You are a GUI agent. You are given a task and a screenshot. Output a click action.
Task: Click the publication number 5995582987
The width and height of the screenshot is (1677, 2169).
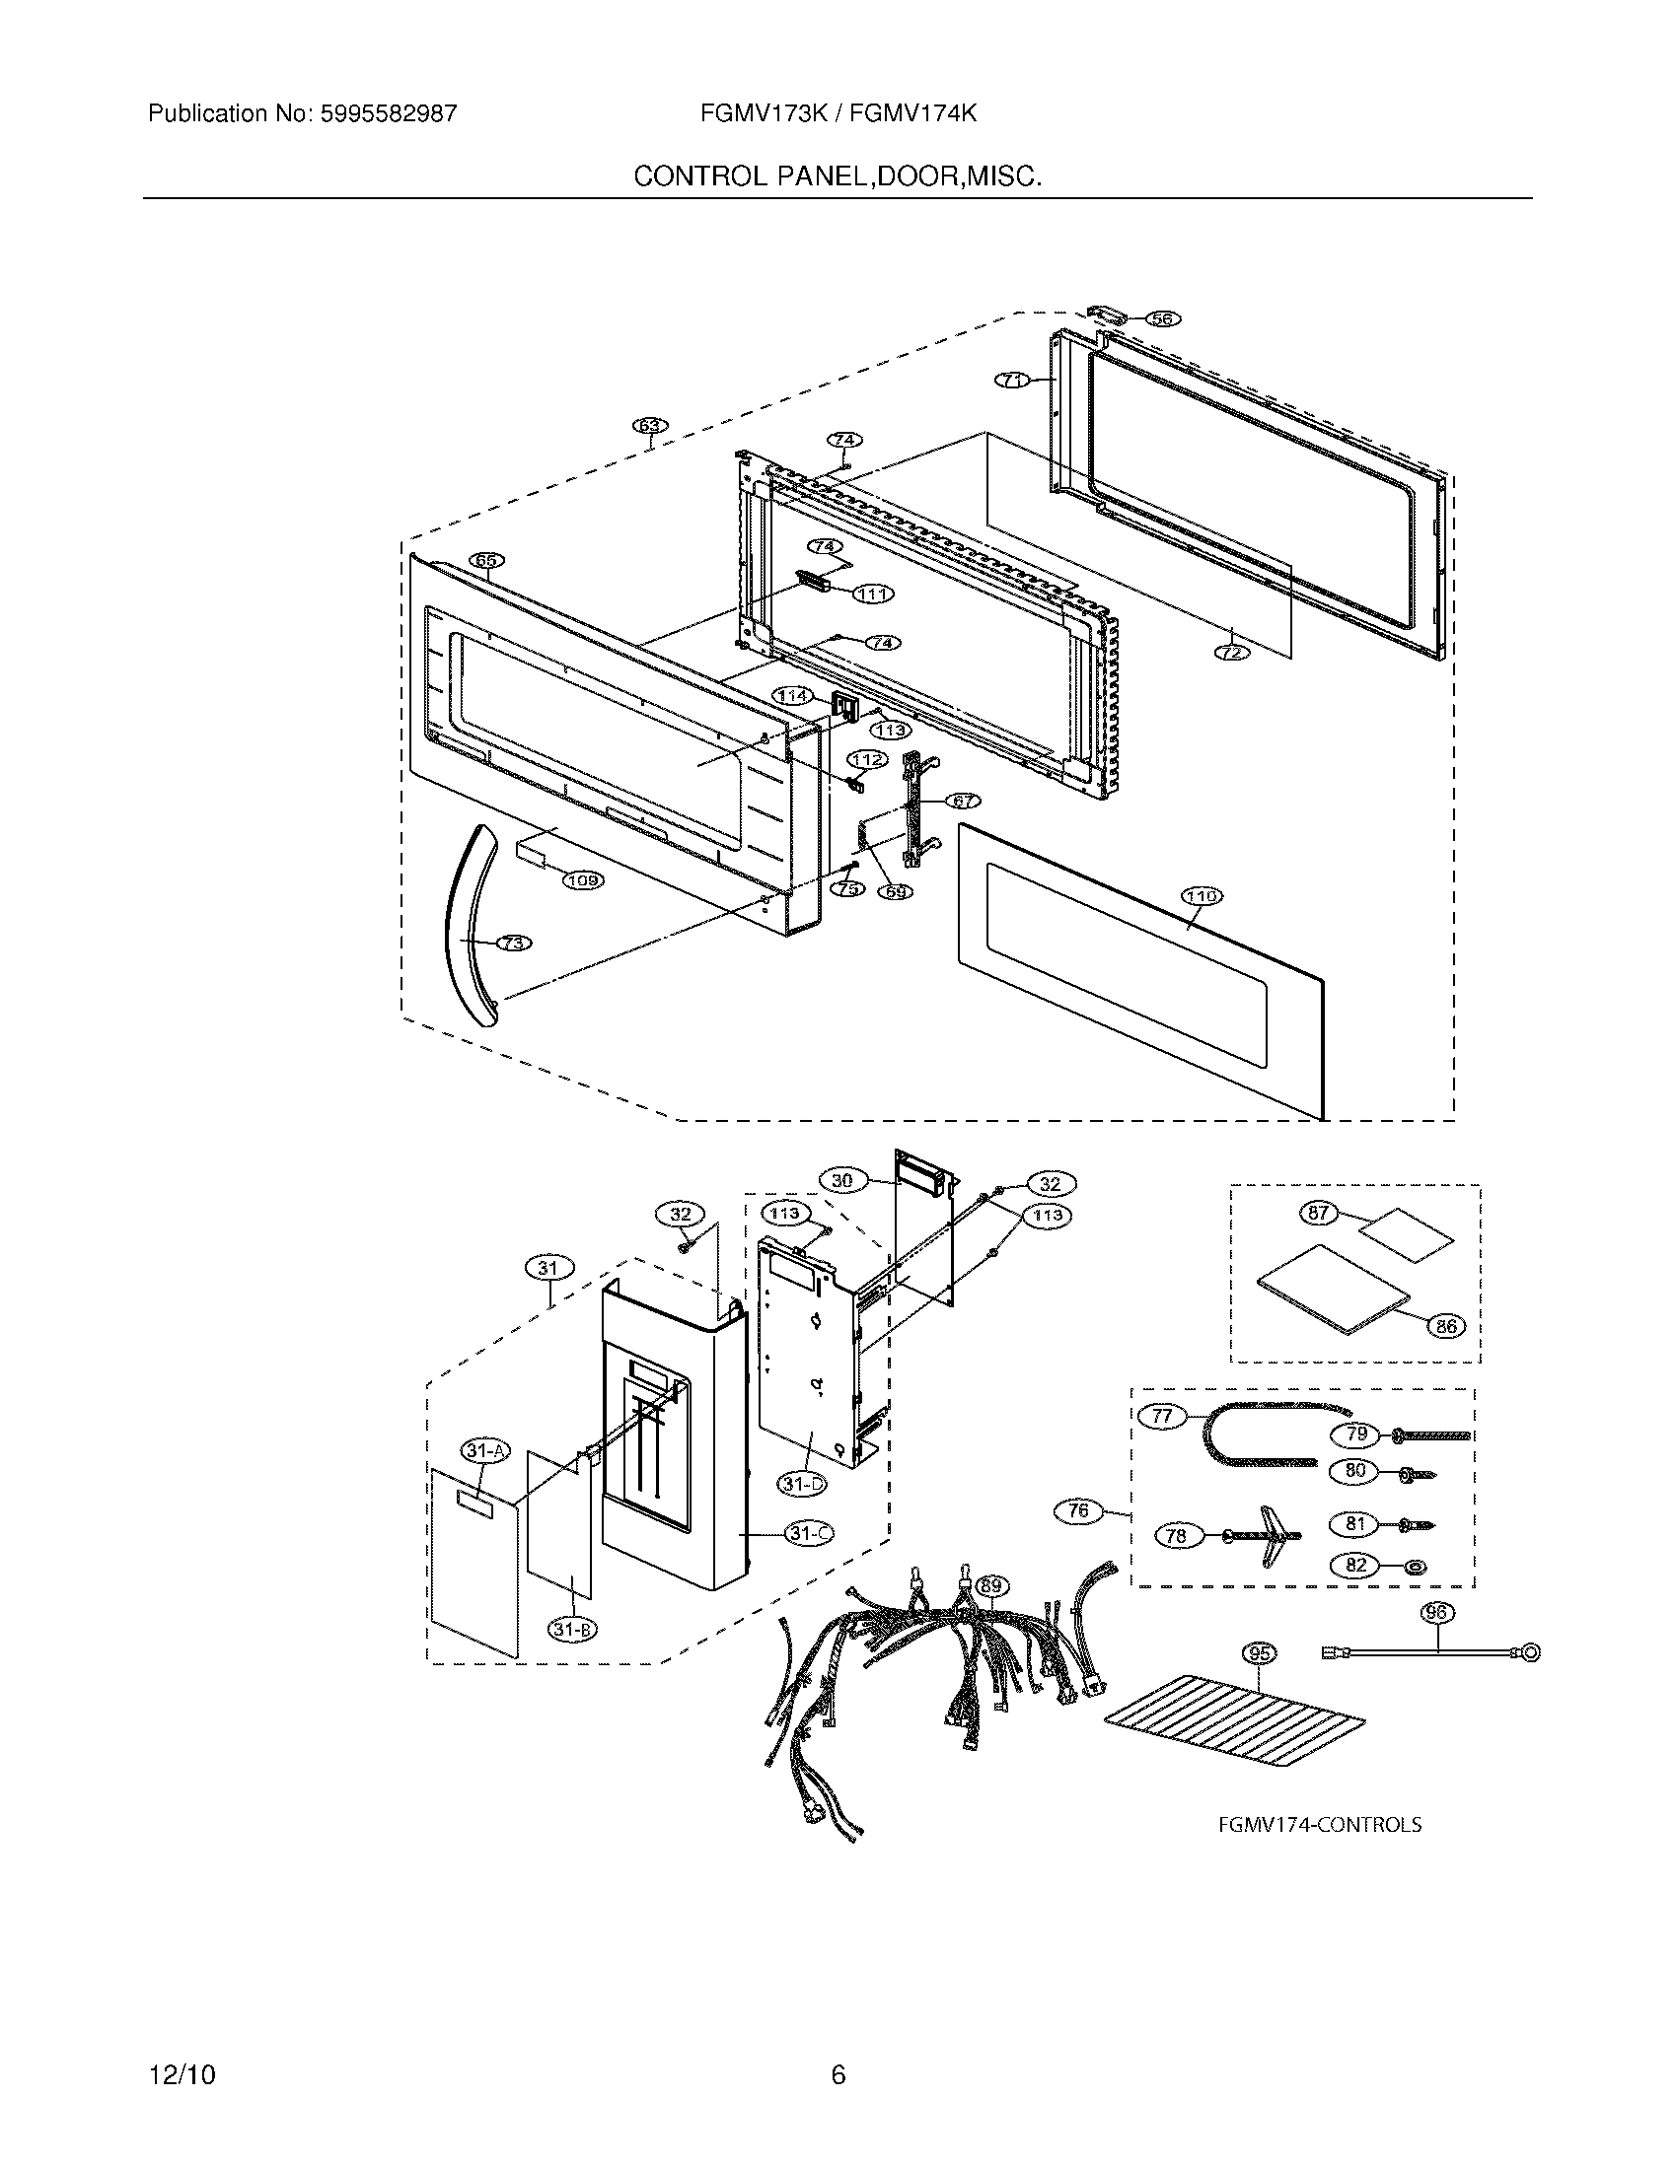pos(388,114)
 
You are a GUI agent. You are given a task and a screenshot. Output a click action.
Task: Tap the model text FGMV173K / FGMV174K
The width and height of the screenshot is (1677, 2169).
pos(838,114)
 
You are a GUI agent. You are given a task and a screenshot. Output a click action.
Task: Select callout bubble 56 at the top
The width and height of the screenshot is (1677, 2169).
pos(1160,318)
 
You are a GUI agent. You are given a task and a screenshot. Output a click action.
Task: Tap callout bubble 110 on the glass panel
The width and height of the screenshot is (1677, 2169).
pos(1202,897)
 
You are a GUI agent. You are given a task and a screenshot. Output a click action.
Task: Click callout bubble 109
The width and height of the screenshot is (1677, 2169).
pos(583,878)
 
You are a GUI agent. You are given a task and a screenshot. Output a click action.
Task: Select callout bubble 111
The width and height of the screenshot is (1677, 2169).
pos(873,594)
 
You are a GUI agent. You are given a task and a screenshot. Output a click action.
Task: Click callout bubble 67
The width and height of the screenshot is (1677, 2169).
pos(961,801)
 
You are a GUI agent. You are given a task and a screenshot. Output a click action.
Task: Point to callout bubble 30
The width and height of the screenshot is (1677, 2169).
pos(841,1180)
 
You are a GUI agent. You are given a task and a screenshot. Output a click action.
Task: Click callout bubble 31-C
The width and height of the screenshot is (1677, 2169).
pos(810,1533)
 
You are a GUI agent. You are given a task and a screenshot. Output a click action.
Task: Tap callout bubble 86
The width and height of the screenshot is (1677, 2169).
pos(1446,1325)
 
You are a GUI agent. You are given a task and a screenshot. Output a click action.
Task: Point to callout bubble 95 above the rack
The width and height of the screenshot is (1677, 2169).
pos(1260,1653)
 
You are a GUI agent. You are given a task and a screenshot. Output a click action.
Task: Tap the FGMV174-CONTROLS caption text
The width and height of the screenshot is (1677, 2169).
pos(1319,1824)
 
